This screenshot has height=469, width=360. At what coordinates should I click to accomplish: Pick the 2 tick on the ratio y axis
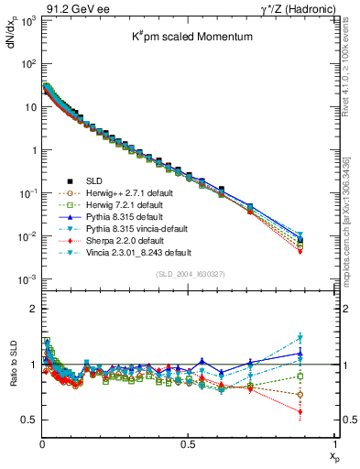click(x=31, y=308)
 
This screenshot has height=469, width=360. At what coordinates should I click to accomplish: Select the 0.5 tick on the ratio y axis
click(x=27, y=420)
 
